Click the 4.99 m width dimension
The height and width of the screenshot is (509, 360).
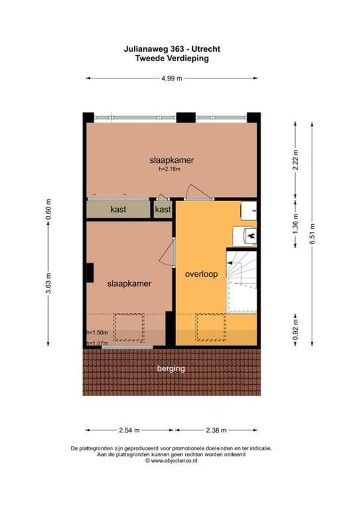tap(172, 79)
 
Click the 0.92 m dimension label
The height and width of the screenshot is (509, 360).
tap(295, 330)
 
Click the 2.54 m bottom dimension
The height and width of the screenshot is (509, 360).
tap(130, 430)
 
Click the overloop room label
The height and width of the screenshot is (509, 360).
tap(201, 274)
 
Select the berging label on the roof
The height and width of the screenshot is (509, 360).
tap(171, 369)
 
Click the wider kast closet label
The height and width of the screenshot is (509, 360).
tap(118, 210)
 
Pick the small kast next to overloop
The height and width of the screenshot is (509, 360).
tap(163, 210)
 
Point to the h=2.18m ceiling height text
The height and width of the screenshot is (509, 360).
tap(170, 169)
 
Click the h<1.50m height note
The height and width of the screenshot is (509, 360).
tap(97, 333)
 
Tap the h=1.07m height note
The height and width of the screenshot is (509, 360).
tap(97, 343)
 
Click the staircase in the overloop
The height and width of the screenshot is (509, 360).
tap(242, 281)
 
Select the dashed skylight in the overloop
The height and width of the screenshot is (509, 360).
tap(211, 327)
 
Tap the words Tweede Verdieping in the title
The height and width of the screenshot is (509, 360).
tap(172, 59)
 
